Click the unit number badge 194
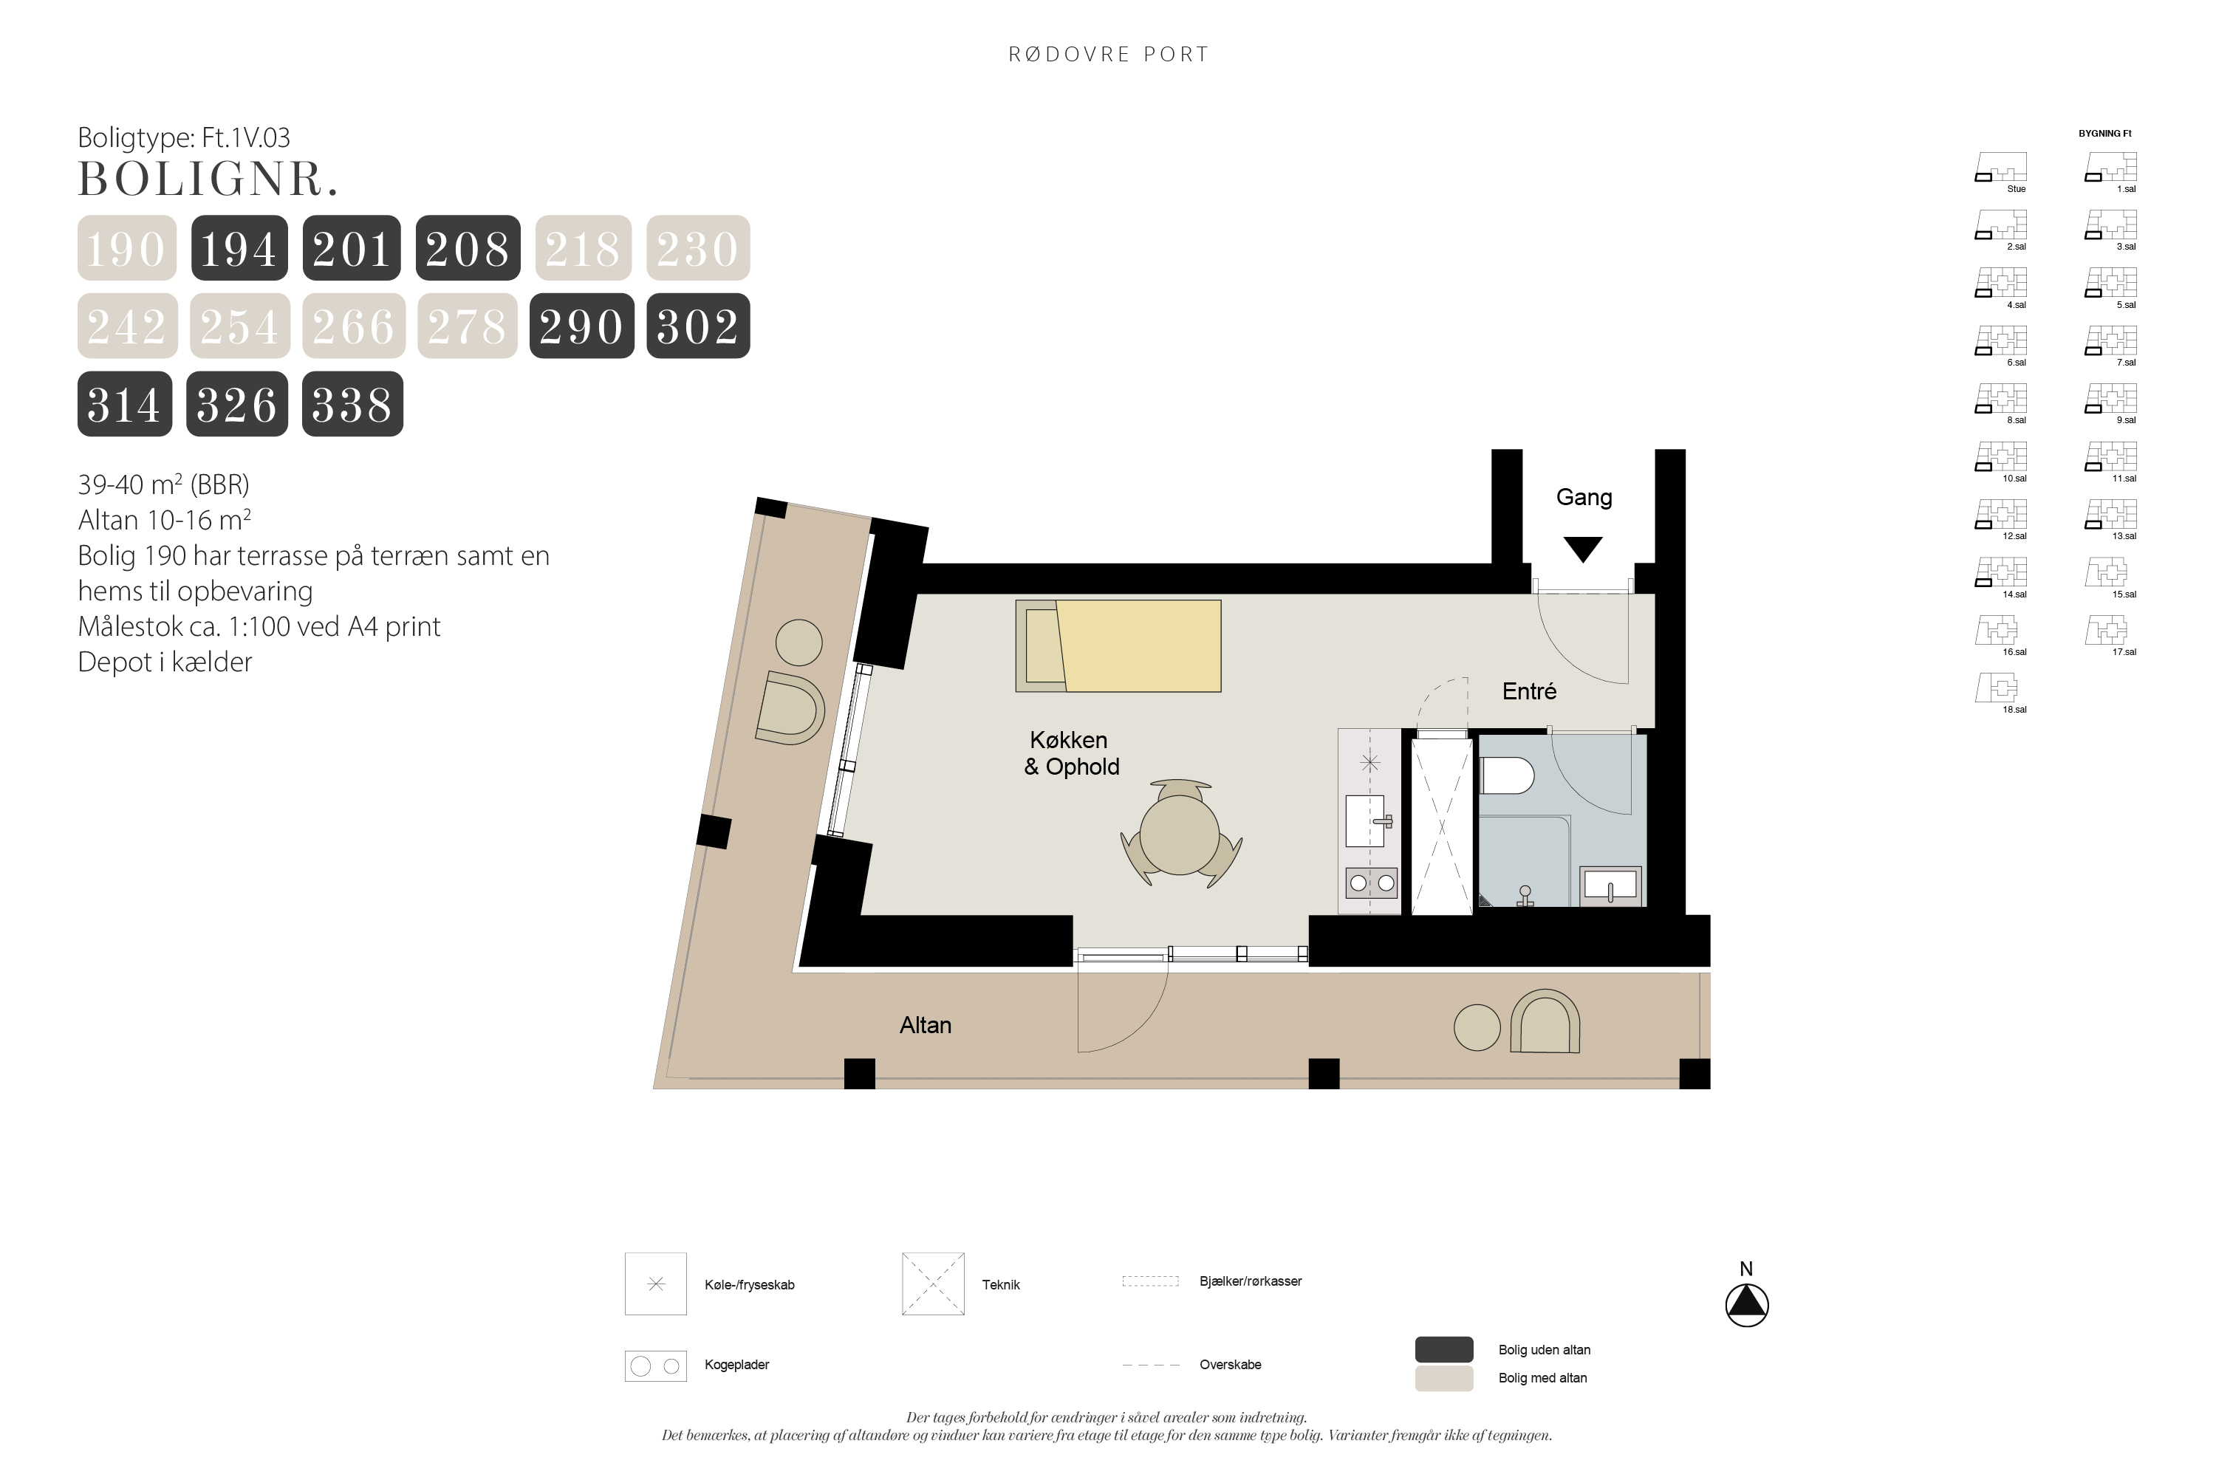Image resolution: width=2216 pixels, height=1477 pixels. pyautogui.click(x=239, y=247)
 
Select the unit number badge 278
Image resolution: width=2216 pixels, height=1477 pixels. pyautogui.click(x=468, y=326)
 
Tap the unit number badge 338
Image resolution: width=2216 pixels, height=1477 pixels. pyautogui.click(x=352, y=404)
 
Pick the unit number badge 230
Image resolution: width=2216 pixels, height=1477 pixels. pyautogui.click(x=698, y=247)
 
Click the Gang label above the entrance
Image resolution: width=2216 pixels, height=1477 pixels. pyautogui.click(x=1584, y=497)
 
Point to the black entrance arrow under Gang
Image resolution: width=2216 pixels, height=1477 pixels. pyautogui.click(x=1583, y=548)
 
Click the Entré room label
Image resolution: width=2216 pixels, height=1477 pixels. pyautogui.click(x=1529, y=691)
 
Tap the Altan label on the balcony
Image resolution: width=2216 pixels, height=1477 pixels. pyautogui.click(x=926, y=1025)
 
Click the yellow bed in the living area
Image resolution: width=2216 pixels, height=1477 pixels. pyautogui.click(x=1118, y=646)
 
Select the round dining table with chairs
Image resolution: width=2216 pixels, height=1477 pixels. pyautogui.click(x=1180, y=834)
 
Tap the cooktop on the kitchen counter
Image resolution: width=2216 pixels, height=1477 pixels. pyautogui.click(x=1371, y=883)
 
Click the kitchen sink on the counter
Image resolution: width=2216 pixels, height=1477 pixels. pyautogui.click(x=1367, y=821)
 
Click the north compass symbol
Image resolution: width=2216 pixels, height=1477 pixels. pyautogui.click(x=1747, y=1306)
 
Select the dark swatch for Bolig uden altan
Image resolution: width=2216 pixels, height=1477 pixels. pyautogui.click(x=1444, y=1349)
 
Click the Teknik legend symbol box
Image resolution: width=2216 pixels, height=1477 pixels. pyautogui.click(x=933, y=1284)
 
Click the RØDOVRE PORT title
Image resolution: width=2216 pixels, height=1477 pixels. pyautogui.click(x=1109, y=55)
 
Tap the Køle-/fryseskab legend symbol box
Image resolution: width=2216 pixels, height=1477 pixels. pyautogui.click(x=656, y=1284)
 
